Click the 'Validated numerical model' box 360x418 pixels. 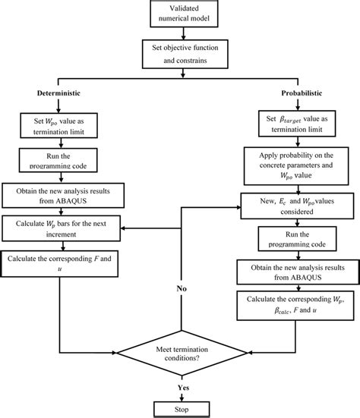coord(182,16)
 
